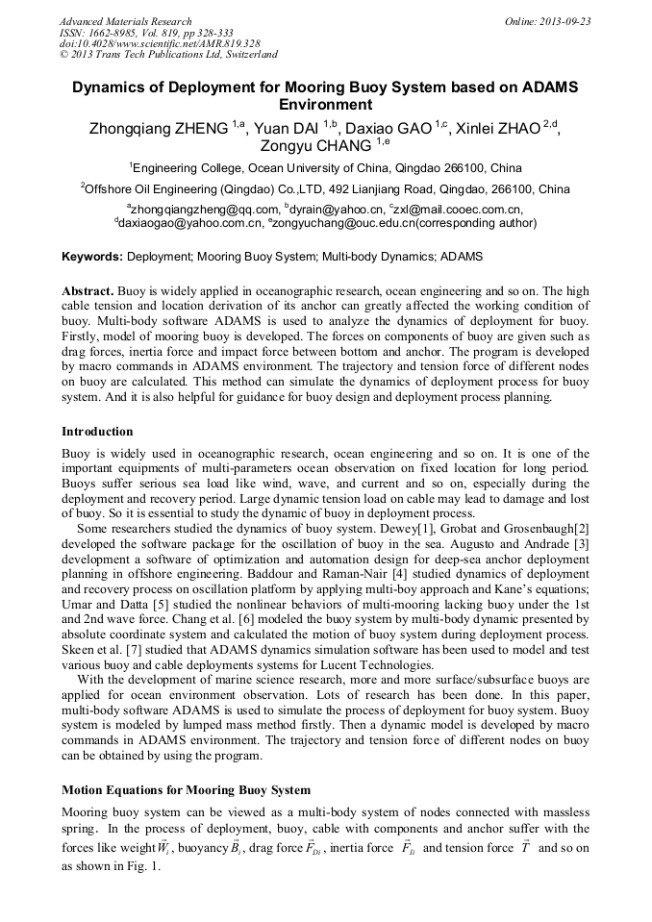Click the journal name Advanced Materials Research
(x=125, y=21)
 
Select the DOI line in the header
(x=159, y=43)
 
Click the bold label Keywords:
(x=92, y=258)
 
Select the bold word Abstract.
(x=88, y=290)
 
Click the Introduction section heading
(x=97, y=432)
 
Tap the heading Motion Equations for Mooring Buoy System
(x=186, y=790)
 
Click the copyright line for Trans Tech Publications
(x=169, y=55)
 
